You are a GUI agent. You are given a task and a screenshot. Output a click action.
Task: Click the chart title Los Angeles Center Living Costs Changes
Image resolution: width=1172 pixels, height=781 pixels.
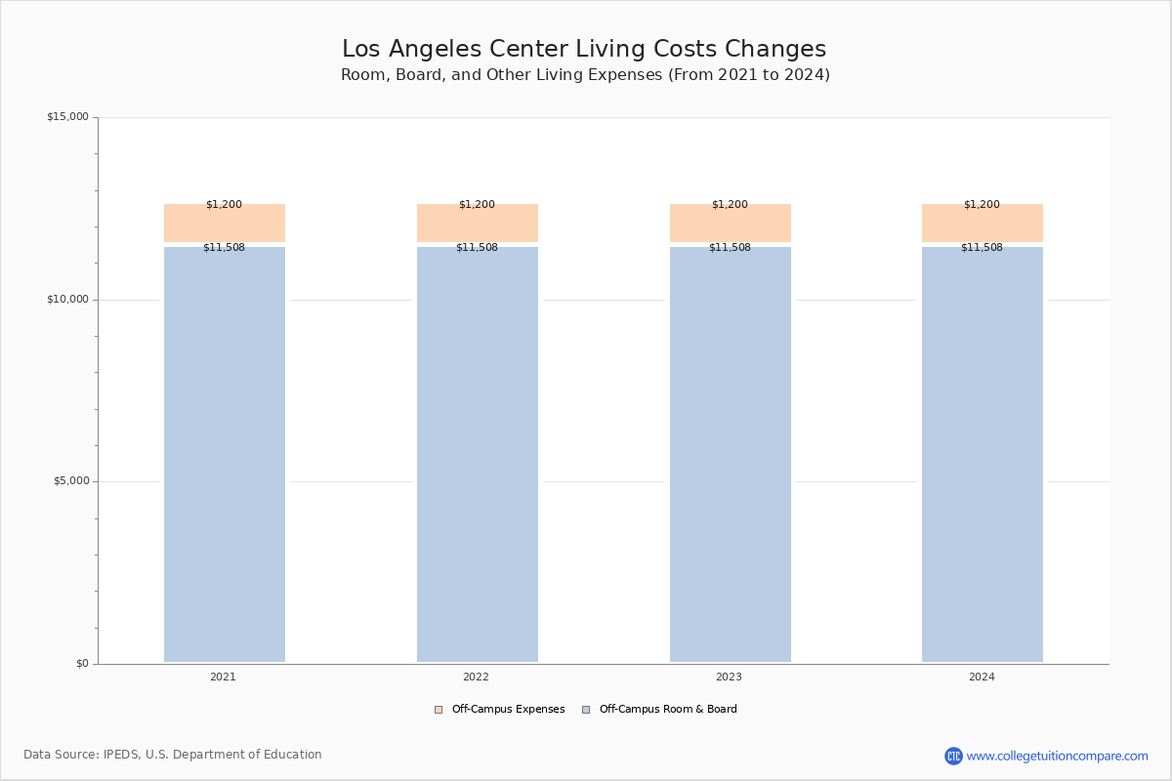click(x=584, y=49)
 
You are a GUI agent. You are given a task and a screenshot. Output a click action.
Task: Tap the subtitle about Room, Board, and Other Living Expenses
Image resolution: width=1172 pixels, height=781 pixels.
click(x=585, y=75)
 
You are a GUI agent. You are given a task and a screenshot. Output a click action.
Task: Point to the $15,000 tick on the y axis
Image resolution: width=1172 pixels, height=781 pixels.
click(x=68, y=116)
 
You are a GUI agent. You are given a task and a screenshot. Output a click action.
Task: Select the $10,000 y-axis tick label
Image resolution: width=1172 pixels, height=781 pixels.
click(x=68, y=299)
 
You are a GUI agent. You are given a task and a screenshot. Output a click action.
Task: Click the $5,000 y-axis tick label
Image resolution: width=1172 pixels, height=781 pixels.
click(x=71, y=480)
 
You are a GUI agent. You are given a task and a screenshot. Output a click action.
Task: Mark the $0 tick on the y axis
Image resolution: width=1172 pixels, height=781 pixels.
click(x=83, y=663)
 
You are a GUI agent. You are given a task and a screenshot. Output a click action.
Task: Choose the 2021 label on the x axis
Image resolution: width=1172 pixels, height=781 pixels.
click(x=223, y=677)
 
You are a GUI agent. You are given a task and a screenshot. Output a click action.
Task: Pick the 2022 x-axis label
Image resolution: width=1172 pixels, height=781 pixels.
click(x=476, y=677)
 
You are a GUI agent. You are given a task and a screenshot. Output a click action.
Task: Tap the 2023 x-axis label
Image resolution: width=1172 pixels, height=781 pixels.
click(x=729, y=677)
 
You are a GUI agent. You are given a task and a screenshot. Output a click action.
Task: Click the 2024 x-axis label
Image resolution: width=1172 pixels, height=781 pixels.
click(x=982, y=677)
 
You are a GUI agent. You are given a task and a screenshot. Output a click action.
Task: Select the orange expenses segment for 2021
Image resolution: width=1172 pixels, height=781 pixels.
click(x=225, y=223)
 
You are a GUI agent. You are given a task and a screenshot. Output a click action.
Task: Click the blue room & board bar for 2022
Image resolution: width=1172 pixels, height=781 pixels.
click(x=478, y=454)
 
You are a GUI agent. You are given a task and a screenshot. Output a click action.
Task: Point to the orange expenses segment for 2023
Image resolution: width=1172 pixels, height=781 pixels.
click(x=731, y=223)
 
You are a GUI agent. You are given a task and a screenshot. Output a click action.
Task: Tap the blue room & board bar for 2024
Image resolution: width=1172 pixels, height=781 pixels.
click(x=983, y=454)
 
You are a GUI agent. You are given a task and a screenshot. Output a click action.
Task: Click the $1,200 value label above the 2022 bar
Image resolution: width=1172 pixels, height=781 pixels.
click(x=477, y=204)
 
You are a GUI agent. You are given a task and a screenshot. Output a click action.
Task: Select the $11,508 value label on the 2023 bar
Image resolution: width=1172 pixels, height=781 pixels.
click(x=730, y=247)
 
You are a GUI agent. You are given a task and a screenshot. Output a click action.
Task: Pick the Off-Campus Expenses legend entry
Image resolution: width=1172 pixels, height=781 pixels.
click(x=500, y=709)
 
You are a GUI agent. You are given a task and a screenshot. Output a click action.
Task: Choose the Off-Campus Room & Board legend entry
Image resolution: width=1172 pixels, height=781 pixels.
click(x=660, y=709)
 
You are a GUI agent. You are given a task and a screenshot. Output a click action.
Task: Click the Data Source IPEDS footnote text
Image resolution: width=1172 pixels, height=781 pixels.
click(x=173, y=755)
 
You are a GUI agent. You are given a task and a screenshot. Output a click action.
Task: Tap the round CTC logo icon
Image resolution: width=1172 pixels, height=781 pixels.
click(x=953, y=756)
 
